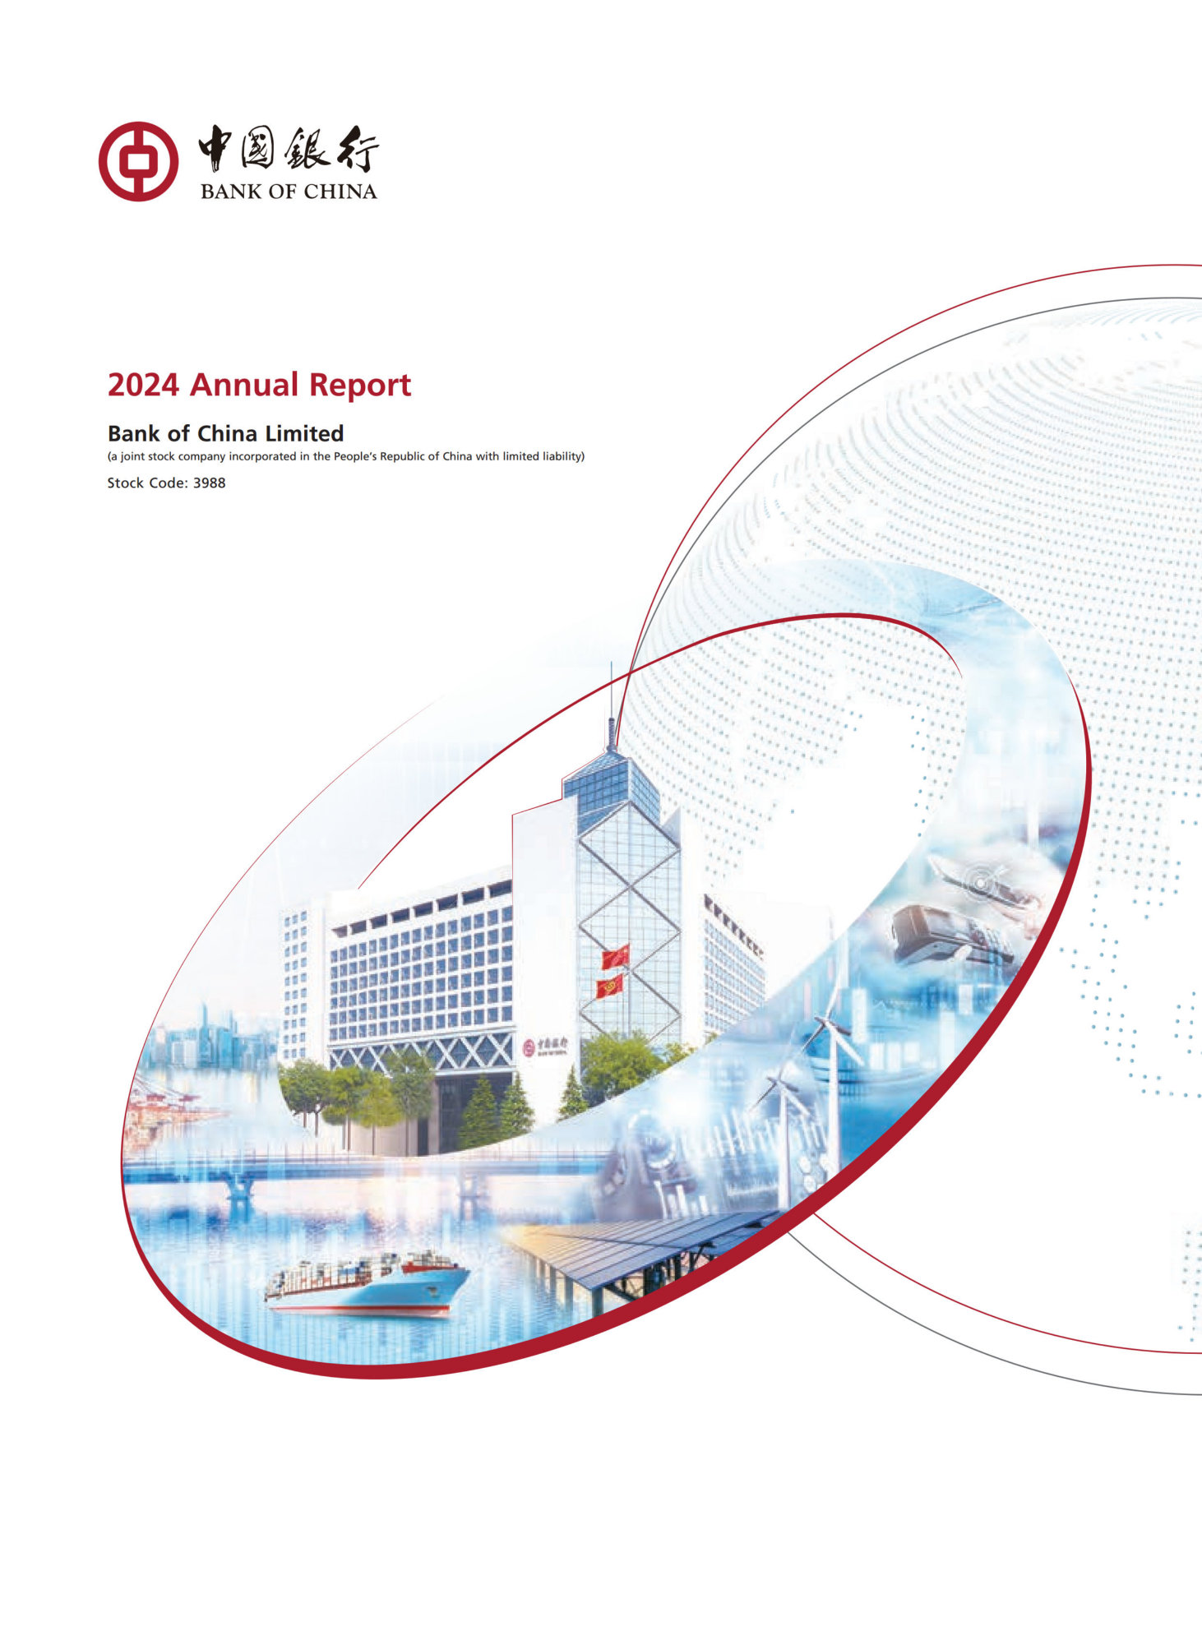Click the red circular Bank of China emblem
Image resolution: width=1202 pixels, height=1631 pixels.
[138, 161]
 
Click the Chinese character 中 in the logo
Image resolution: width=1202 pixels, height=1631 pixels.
[217, 148]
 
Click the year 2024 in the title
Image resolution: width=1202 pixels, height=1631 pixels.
[143, 385]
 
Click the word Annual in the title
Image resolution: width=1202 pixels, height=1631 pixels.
[244, 385]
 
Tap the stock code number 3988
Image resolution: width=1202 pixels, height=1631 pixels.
[209, 483]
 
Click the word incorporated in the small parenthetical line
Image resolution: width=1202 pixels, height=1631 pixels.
[262, 456]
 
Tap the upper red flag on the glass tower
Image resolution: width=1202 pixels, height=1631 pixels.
[615, 956]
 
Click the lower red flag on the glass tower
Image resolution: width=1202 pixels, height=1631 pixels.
[609, 986]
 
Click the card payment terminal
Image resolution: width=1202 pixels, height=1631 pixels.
[929, 933]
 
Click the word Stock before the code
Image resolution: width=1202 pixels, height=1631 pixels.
[125, 483]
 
